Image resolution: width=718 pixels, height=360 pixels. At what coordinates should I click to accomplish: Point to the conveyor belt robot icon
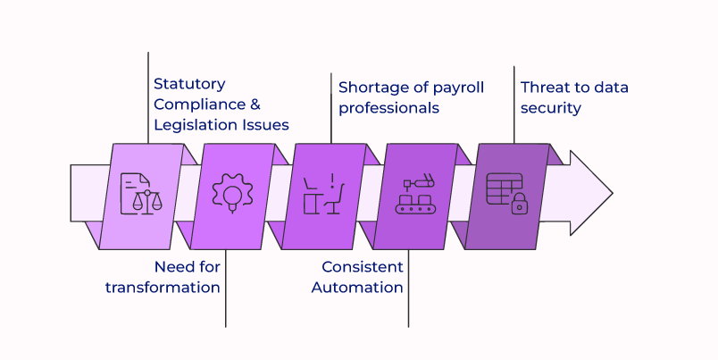(x=415, y=195)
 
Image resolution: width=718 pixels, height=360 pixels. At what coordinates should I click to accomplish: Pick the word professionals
(x=388, y=108)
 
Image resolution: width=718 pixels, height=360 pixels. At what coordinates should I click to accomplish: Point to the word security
(x=551, y=108)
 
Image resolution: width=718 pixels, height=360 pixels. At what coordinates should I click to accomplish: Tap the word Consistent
(x=363, y=266)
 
